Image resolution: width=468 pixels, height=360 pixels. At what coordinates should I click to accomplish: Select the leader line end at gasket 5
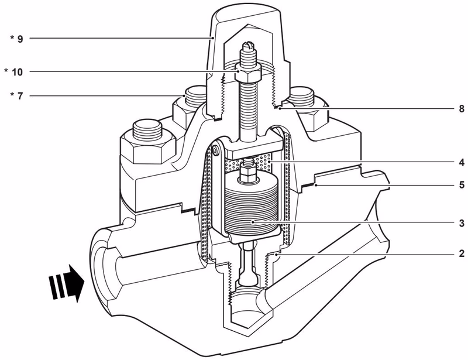pyautogui.click(x=316, y=185)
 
